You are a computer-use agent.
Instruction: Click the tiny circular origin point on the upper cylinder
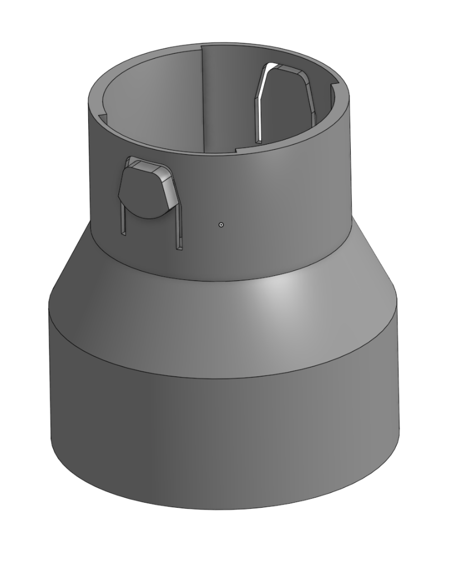(x=221, y=225)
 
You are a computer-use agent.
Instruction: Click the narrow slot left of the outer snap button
(x=122, y=221)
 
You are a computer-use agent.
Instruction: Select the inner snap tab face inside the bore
(x=285, y=106)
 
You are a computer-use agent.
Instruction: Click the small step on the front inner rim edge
(x=237, y=150)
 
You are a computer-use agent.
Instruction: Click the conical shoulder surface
(x=168, y=302)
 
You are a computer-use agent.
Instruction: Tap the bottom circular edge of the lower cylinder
(x=223, y=509)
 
